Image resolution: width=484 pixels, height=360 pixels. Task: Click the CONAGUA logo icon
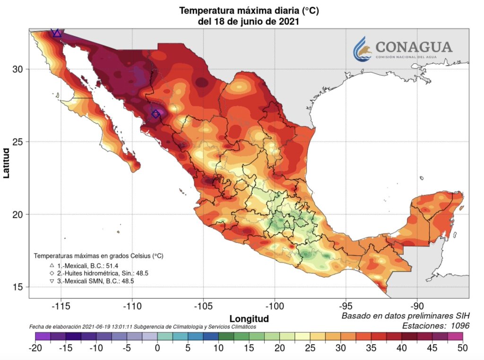(x=363, y=48)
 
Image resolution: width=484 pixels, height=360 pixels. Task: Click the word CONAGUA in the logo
(x=414, y=47)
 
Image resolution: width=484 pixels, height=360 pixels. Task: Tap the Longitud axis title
(x=249, y=318)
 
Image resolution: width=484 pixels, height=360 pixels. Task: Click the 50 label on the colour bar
(x=462, y=348)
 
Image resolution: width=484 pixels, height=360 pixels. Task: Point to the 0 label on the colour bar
(x=157, y=348)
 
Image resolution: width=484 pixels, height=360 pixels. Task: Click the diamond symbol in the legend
(x=52, y=273)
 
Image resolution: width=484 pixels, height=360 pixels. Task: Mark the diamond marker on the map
(x=156, y=114)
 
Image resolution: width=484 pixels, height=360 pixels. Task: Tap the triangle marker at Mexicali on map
(x=57, y=33)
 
